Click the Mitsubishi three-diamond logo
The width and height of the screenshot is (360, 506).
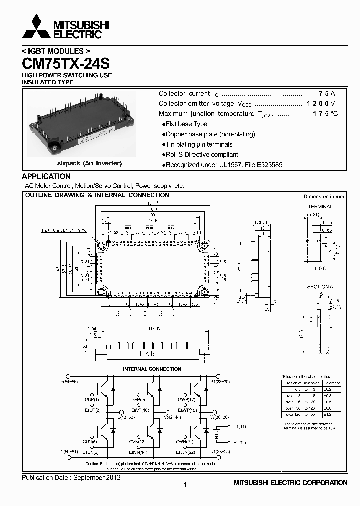pyautogui.click(x=36, y=27)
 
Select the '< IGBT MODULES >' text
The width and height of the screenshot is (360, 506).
pyautogui.click(x=56, y=51)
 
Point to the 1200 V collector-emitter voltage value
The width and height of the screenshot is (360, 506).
pyautogui.click(x=321, y=104)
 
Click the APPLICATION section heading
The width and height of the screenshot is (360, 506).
pyautogui.click(x=46, y=176)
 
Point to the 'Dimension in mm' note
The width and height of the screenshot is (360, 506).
pyautogui.click(x=324, y=197)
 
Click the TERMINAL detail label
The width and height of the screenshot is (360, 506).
pyautogui.click(x=320, y=206)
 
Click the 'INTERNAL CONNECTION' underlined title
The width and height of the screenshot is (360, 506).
pyautogui.click(x=152, y=369)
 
